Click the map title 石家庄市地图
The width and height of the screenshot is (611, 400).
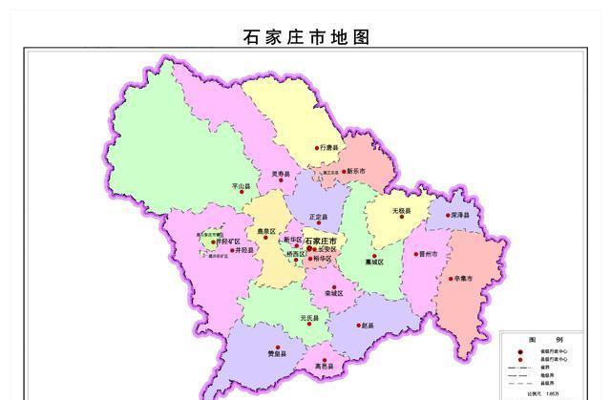tap(306, 37)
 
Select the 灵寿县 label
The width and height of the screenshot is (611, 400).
tap(280, 174)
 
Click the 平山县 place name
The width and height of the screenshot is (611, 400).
tap(241, 186)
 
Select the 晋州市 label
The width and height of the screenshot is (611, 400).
tap(427, 255)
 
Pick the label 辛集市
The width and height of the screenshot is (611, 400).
tap(464, 279)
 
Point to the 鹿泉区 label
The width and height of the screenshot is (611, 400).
tap(266, 231)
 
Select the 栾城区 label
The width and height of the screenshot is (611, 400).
tap(334, 292)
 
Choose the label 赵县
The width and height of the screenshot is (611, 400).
tap(368, 326)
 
